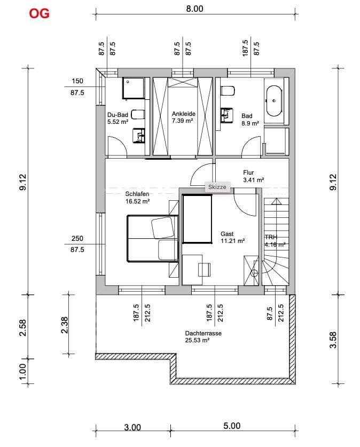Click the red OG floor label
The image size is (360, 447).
tap(40, 13)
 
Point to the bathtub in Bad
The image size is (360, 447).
tap(275, 100)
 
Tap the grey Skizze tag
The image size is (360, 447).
tap(218, 187)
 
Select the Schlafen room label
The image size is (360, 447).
tap(137, 198)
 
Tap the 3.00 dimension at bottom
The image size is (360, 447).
tap(132, 427)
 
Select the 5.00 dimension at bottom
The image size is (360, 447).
tap(231, 426)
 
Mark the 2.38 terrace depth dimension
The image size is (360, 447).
tap(65, 324)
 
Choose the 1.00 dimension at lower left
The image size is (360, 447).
tap(22, 371)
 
